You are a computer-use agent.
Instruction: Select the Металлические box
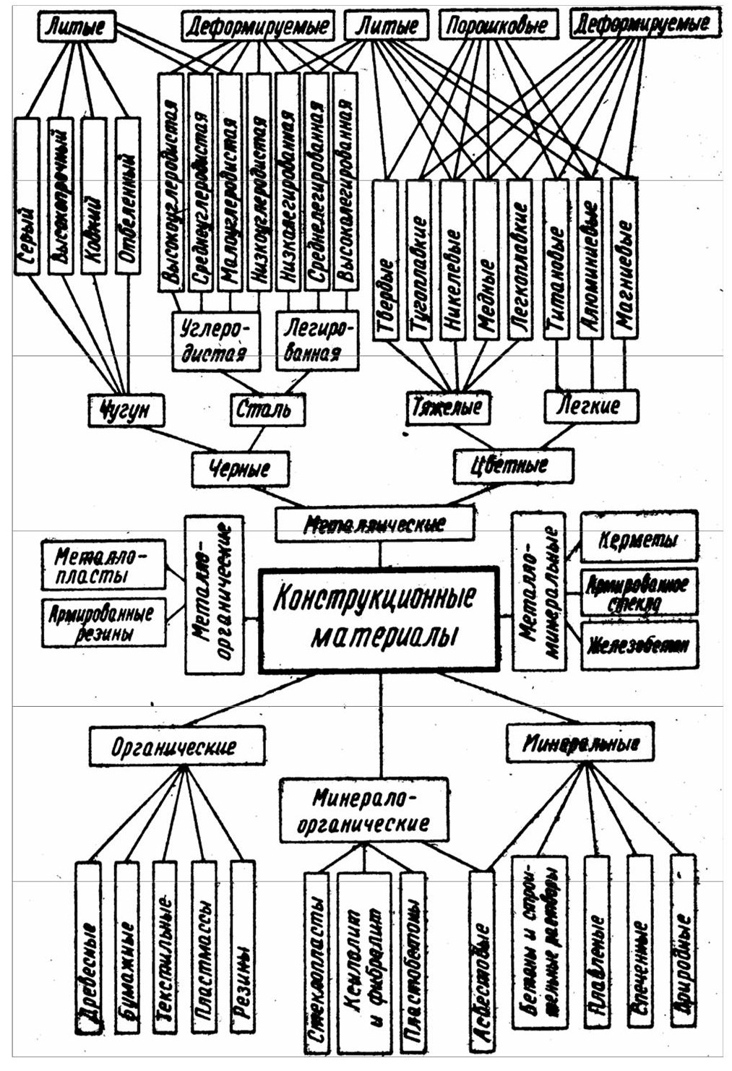[x=375, y=523]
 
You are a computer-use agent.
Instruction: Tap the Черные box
[x=239, y=468]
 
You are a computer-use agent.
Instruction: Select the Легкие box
[x=591, y=405]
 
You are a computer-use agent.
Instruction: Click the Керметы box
[x=639, y=538]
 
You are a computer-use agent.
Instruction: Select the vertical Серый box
[x=27, y=197]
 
